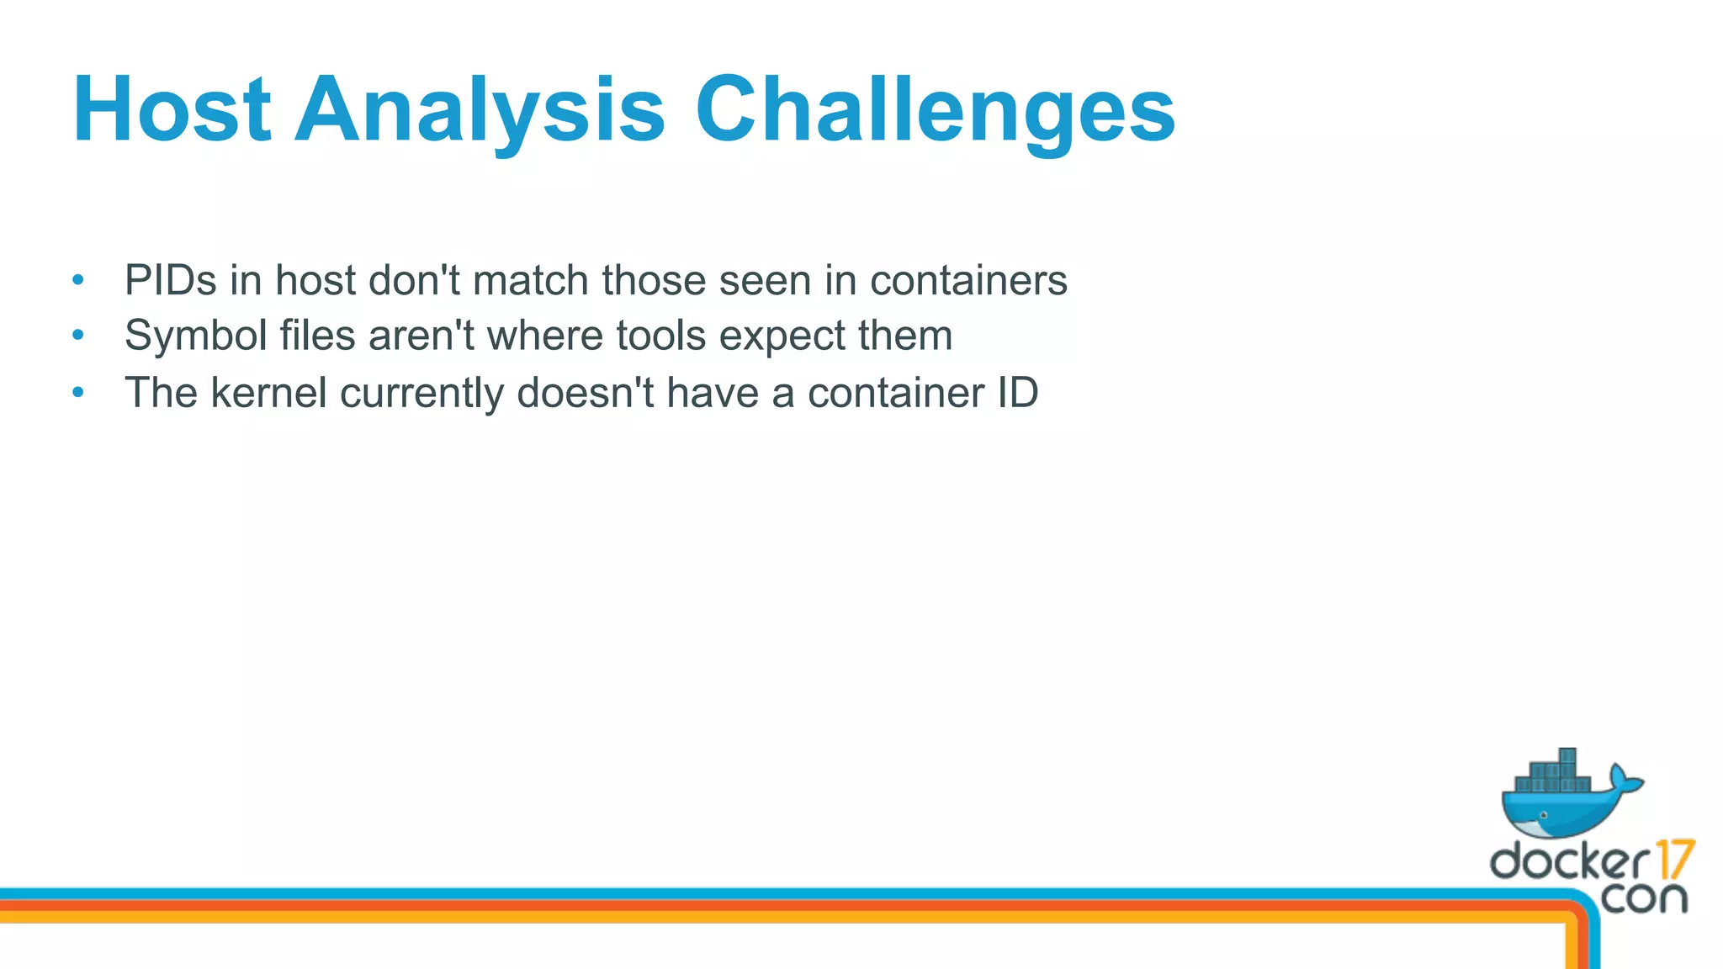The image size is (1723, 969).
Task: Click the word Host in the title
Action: click(172, 110)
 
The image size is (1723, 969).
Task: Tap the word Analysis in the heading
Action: click(480, 110)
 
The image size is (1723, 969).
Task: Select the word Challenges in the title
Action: click(934, 110)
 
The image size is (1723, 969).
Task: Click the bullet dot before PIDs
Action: click(78, 279)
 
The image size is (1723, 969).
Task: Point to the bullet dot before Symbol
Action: click(78, 335)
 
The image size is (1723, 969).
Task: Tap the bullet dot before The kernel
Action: click(78, 392)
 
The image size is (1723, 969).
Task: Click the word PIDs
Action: click(171, 280)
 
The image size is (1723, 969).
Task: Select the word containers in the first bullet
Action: click(968, 280)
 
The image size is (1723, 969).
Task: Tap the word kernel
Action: click(268, 393)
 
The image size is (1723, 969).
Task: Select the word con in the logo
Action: click(1644, 898)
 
